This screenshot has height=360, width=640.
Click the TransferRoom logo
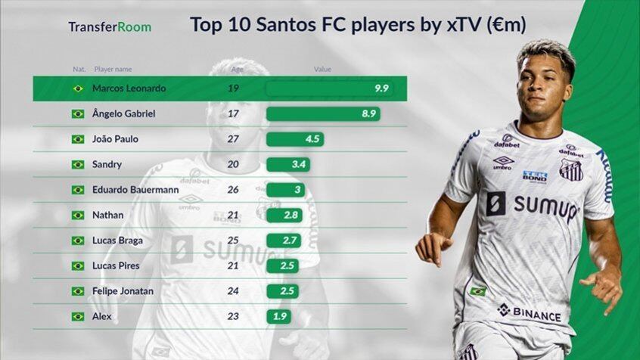tap(110, 27)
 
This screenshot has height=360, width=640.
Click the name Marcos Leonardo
tap(129, 88)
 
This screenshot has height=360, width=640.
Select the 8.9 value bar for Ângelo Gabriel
tap(323, 113)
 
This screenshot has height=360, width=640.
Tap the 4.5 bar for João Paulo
tap(295, 139)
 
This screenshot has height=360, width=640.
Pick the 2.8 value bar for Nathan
tap(284, 216)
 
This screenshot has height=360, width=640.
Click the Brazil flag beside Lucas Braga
tap(77, 241)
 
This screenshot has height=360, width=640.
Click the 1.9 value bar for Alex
tap(278, 316)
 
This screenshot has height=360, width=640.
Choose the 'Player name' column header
tap(113, 69)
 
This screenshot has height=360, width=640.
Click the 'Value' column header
tap(323, 69)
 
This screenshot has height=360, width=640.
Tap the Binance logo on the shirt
tap(529, 312)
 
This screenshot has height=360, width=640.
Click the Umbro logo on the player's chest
tap(503, 163)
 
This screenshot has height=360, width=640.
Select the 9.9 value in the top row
tap(381, 88)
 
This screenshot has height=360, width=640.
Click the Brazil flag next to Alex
tap(77, 316)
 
